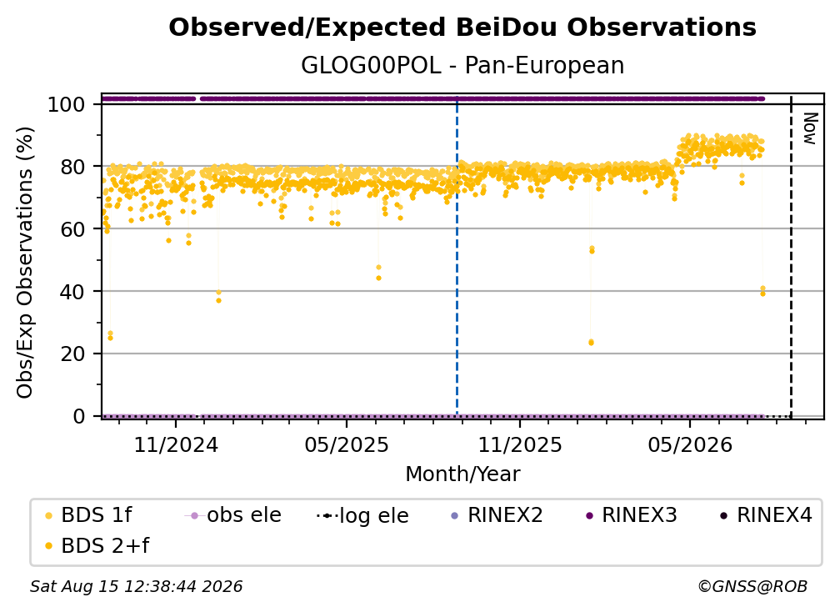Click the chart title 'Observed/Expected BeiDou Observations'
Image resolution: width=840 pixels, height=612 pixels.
462,28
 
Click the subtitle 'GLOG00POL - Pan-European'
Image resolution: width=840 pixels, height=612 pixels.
462,65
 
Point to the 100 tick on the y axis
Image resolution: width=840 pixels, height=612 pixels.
67,104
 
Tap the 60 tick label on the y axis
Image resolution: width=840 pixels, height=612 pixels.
72,228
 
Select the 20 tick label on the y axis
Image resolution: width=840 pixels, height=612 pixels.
72,354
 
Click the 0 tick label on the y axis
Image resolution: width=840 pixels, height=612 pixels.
79,416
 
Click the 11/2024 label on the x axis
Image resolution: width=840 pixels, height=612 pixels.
176,444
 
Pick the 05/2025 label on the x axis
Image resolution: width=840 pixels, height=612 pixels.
347,444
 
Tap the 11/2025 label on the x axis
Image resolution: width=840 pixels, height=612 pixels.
520,444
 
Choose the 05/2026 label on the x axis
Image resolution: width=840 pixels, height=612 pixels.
690,444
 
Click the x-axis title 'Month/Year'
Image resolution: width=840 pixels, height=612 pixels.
462,474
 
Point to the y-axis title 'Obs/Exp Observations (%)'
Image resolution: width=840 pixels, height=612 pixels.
25,263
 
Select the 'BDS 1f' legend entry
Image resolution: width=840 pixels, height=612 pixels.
88,515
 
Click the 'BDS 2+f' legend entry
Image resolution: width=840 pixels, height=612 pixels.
97,545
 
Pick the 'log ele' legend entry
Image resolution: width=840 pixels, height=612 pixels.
362,515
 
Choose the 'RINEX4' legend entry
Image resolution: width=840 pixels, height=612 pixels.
766,515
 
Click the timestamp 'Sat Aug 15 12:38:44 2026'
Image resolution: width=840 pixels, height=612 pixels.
136,586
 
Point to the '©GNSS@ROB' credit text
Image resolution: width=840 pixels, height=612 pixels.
752,586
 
